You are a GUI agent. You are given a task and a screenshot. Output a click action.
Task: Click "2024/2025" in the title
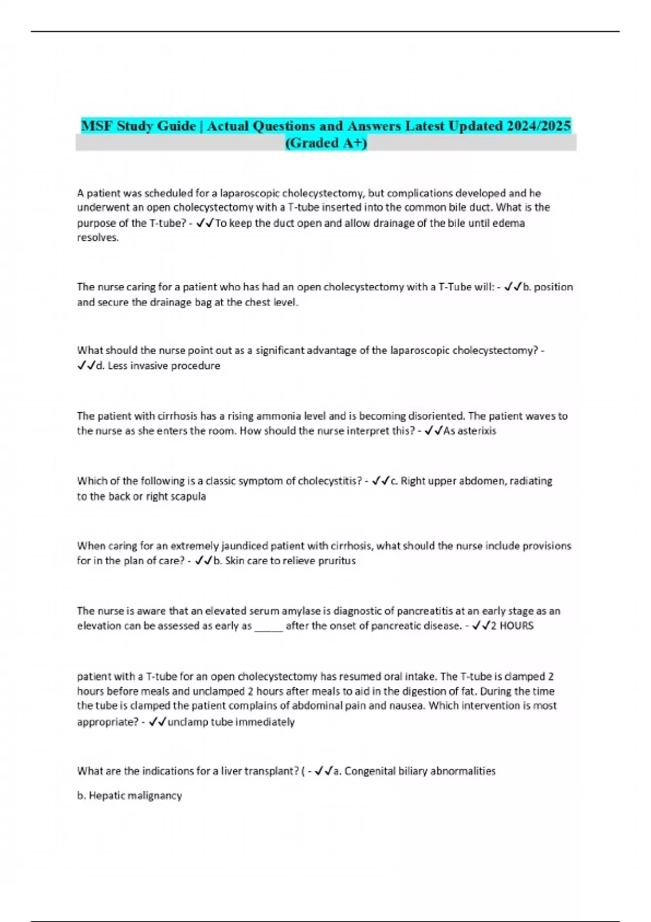coord(539,126)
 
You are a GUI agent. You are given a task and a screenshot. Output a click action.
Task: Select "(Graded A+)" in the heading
coord(325,143)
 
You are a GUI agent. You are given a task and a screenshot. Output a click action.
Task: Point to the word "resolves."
coord(98,238)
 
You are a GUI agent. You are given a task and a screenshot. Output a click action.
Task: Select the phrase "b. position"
coord(547,287)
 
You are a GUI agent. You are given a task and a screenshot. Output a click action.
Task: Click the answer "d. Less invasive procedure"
coord(157,366)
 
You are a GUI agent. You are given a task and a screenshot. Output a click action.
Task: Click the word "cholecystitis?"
coord(329,481)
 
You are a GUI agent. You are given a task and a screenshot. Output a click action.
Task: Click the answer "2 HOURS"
coord(512,626)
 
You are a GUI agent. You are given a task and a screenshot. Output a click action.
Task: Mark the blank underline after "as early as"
coord(269,627)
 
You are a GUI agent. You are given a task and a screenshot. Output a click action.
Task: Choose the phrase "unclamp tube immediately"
coord(231,722)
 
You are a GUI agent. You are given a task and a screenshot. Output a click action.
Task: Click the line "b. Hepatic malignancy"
coord(129,796)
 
